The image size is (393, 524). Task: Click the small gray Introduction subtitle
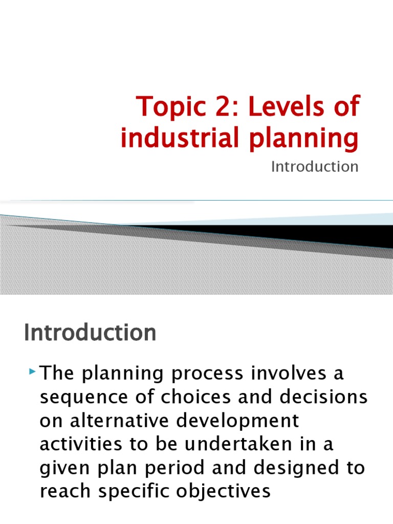tap(315, 167)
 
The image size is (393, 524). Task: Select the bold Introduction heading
tap(90, 334)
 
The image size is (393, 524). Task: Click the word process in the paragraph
tap(196, 374)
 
